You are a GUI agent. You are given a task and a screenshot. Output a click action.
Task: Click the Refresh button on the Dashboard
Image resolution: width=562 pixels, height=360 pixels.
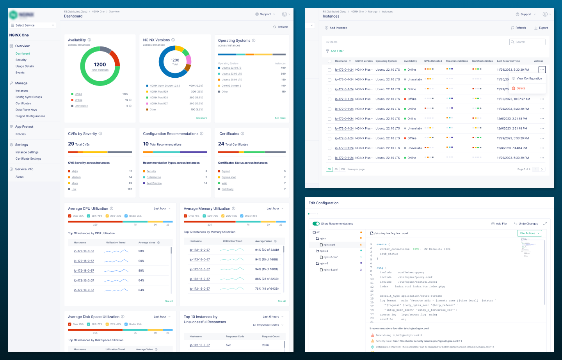281,27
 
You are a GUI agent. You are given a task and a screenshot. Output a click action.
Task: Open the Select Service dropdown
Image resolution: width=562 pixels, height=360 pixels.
33,25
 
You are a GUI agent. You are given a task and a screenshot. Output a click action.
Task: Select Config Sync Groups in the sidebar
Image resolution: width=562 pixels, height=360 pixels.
28,97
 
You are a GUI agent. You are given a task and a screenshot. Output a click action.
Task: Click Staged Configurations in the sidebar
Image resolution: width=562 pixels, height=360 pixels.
30,116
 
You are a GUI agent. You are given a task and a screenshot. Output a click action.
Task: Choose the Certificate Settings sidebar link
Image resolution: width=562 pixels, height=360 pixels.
28,159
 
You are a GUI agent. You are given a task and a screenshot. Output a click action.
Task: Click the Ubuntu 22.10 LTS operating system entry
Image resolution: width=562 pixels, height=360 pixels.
231,68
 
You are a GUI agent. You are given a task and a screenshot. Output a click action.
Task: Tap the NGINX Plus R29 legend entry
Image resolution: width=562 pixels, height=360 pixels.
158,91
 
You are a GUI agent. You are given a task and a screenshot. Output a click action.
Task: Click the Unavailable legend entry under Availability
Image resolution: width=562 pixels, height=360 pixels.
81,106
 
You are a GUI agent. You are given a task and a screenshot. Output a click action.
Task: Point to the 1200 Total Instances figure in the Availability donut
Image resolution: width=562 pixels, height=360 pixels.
100,66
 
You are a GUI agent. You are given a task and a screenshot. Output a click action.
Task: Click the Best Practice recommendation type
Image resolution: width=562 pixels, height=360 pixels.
154,183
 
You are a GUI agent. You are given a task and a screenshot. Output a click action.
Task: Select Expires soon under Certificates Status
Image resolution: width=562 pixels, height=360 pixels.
229,177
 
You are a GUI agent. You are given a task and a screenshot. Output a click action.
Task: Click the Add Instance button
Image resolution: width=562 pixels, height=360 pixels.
336,28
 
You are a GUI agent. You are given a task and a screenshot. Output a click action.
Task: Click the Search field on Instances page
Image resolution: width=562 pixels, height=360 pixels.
528,42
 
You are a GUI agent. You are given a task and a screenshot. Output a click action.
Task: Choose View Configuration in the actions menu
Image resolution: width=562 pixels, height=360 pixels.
529,78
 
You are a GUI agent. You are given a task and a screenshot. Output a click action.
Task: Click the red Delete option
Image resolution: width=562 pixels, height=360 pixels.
521,88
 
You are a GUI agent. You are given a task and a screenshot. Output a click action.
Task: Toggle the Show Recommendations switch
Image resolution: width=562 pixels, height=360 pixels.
316,224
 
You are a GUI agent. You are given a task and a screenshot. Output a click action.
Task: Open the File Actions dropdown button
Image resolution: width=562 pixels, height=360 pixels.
530,233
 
